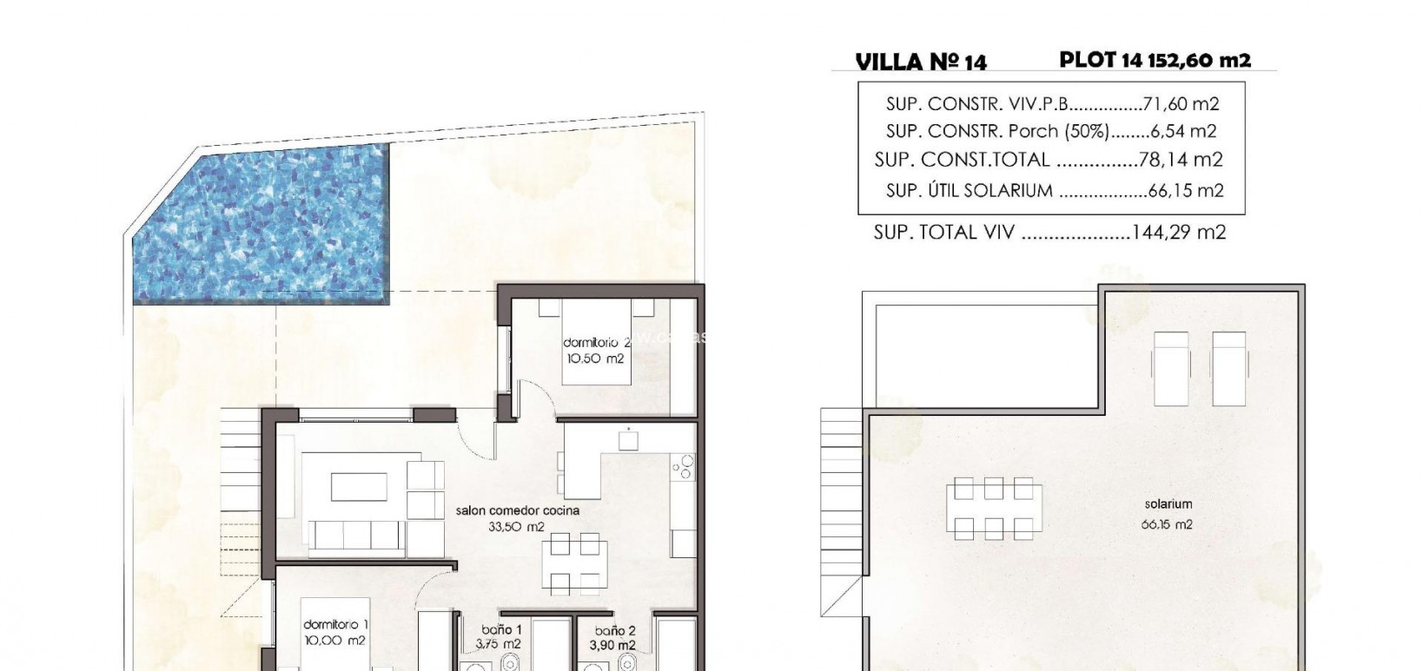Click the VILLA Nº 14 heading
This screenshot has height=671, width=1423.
click(x=921, y=61)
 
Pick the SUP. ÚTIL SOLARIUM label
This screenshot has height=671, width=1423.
click(x=969, y=191)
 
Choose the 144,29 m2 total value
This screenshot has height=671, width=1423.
click(x=1179, y=233)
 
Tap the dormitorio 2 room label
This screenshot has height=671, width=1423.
click(x=596, y=343)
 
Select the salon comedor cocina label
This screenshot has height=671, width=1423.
click(x=517, y=511)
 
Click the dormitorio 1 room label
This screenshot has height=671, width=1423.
click(x=335, y=625)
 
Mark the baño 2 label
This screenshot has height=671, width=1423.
click(x=616, y=632)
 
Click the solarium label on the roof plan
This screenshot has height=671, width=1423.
click(x=1168, y=504)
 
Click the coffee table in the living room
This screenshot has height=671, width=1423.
click(x=359, y=486)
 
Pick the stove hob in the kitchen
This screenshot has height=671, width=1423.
click(x=684, y=467)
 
